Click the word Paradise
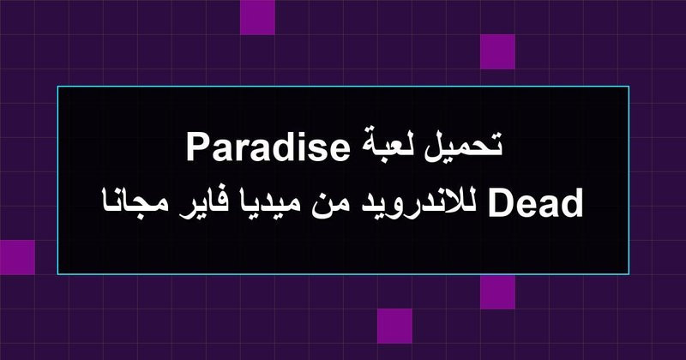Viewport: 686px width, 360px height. point(267,147)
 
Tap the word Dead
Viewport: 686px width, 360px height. point(535,203)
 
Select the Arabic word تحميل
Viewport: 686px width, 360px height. point(460,146)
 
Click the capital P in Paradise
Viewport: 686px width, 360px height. point(196,147)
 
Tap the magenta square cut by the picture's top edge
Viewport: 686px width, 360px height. point(258,17)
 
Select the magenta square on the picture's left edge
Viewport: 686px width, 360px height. point(17,257)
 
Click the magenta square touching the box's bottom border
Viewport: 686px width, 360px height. point(497,291)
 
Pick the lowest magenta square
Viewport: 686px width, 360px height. point(394,326)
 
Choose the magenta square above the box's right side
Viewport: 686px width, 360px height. point(497,51)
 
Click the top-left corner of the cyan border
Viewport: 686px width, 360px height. point(57,87)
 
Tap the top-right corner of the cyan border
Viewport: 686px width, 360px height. point(629,87)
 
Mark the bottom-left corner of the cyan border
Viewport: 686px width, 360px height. point(57,274)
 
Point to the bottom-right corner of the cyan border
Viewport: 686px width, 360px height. point(629,274)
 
